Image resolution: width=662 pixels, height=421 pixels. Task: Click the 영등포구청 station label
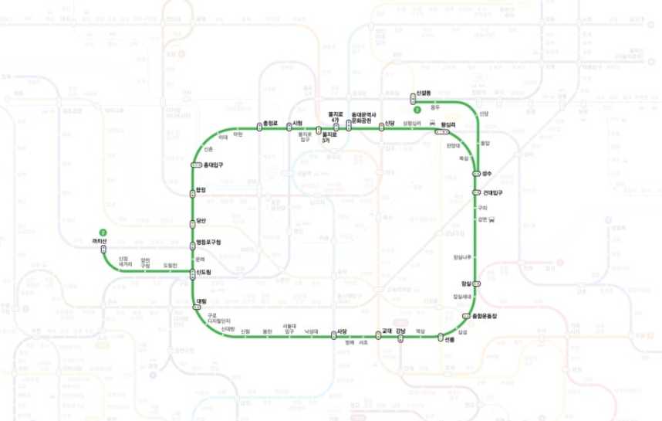pos(210,243)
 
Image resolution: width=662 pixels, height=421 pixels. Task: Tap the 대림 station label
pos(202,300)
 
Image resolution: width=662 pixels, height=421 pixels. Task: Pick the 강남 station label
pos(400,331)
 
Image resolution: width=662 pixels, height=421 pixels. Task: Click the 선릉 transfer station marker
pos(441,337)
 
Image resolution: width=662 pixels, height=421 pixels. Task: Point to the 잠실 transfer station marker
pos(477,284)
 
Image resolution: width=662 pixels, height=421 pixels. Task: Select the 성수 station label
pos(487,174)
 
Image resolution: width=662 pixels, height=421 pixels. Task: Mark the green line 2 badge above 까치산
pos(102,232)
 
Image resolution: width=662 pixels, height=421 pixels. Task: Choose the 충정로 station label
pos(270,123)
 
